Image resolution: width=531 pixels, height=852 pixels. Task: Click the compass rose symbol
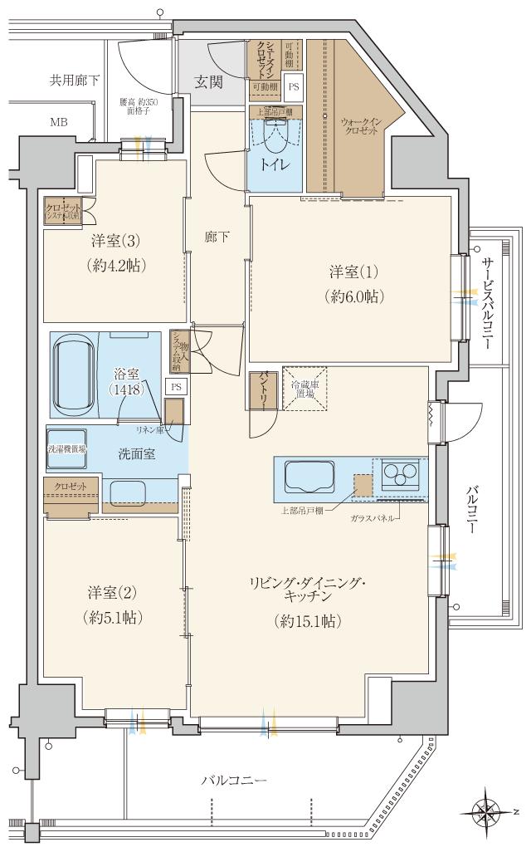pos(485,810)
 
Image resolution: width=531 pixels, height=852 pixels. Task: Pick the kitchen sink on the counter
pos(309,477)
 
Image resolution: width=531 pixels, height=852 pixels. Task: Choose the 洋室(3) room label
pos(114,242)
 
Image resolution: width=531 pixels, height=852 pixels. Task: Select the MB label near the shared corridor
pos(58,122)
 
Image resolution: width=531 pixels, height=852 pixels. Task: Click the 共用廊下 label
pos(74,81)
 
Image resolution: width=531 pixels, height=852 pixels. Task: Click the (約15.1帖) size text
pos(308,620)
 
